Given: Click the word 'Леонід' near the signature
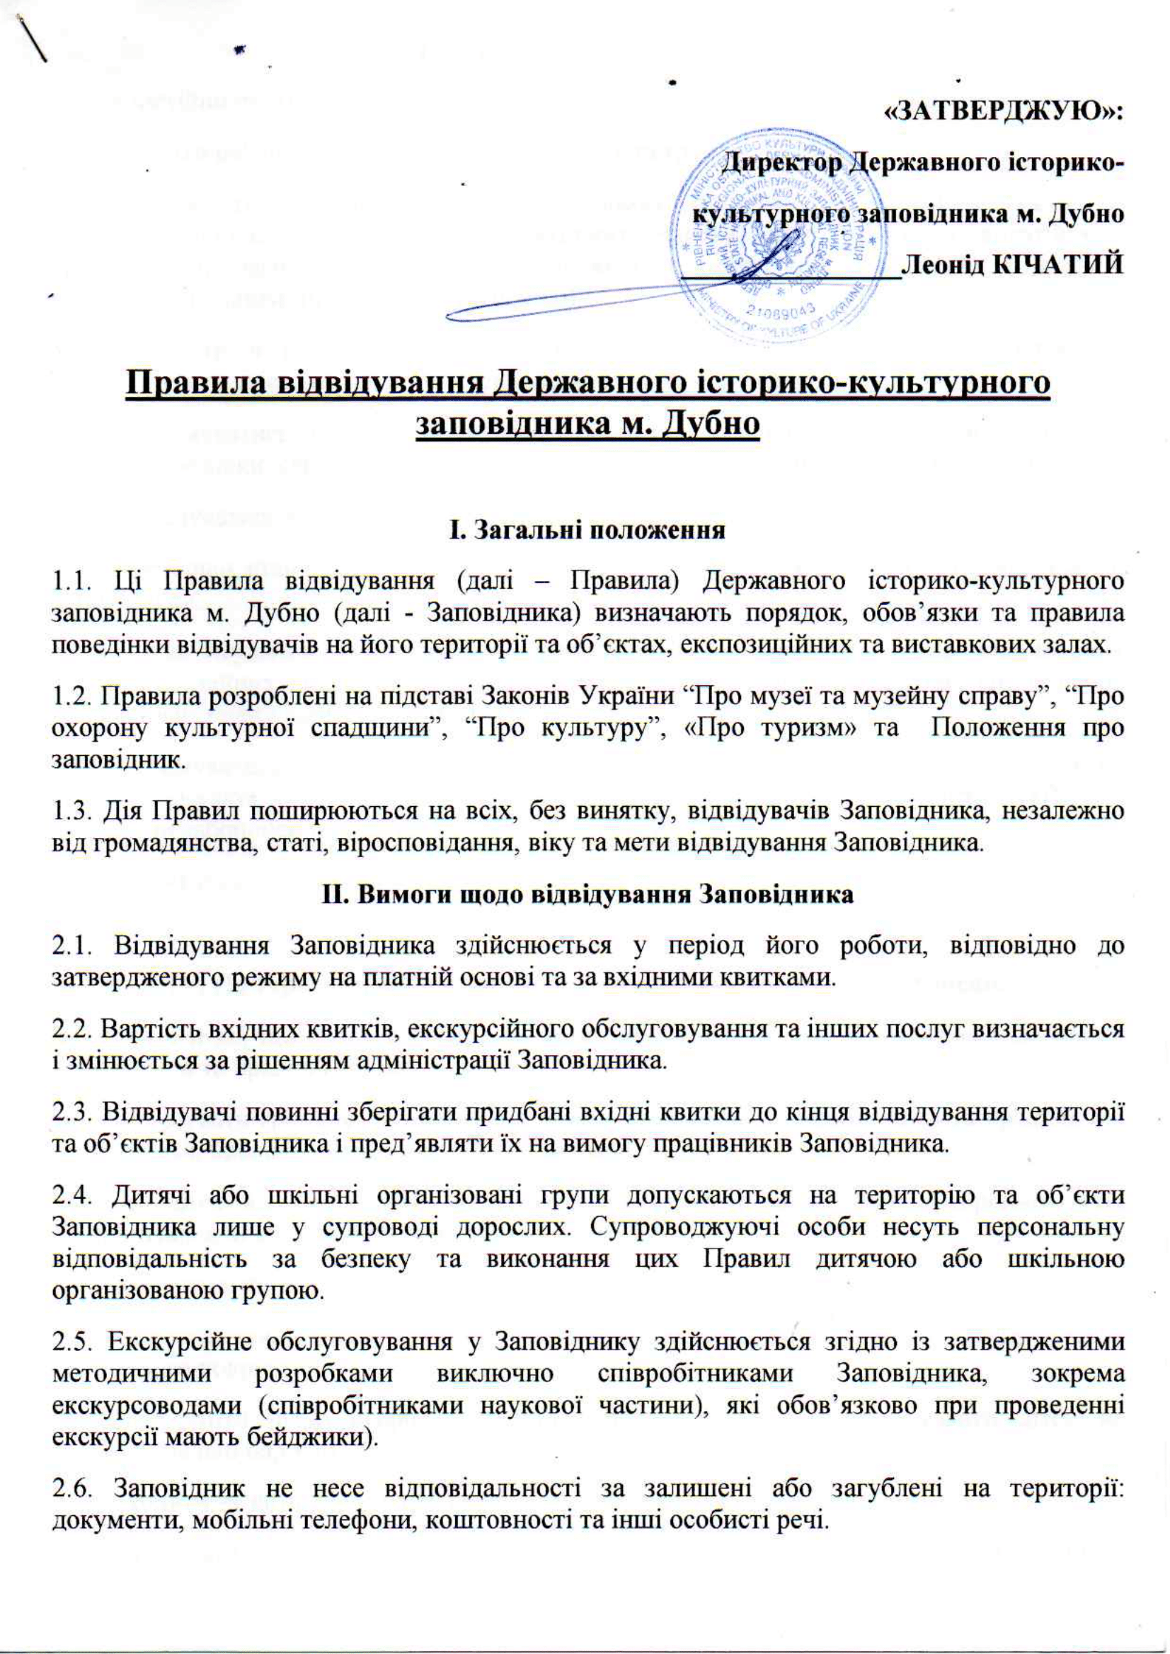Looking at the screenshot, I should (x=942, y=265).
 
